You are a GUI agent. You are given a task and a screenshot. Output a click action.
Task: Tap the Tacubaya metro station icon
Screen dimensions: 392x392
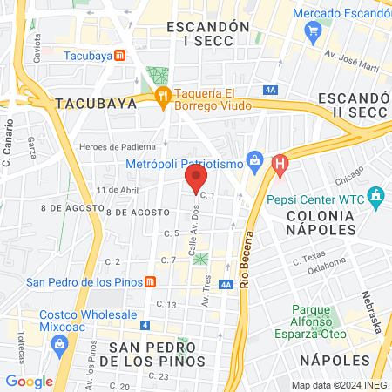coord(120,55)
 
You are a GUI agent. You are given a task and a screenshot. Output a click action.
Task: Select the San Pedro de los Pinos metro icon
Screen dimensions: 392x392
coord(150,281)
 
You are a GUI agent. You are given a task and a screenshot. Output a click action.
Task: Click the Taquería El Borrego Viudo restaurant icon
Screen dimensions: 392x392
coord(162,97)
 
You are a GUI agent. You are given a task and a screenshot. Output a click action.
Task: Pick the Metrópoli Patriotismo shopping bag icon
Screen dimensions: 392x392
coord(254,160)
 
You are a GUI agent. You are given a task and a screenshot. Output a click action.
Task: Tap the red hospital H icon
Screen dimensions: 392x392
coord(280,163)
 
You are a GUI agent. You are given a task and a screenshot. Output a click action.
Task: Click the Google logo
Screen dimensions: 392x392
coord(29,381)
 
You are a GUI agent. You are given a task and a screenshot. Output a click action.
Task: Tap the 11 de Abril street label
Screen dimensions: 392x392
coord(118,190)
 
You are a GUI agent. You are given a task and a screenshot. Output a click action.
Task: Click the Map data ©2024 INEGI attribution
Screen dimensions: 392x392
coord(340,385)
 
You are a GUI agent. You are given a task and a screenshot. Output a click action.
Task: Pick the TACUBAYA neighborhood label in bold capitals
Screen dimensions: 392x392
coord(96,103)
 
